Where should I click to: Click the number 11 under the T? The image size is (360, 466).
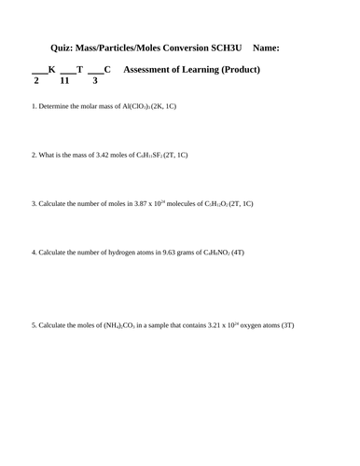click(64, 81)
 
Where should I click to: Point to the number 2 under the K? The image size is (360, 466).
click(35, 81)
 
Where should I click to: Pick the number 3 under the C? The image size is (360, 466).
click(94, 81)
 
